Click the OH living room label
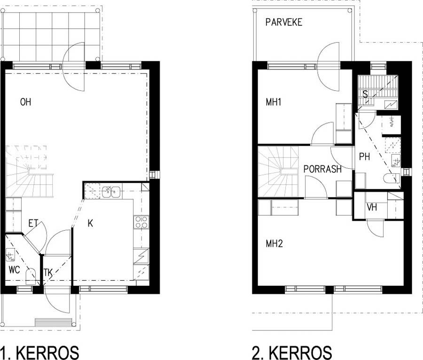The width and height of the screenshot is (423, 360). (26, 102)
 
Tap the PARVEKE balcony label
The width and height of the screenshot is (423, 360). (284, 22)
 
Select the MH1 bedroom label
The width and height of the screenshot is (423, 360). (274, 102)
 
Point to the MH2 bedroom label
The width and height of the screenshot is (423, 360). (274, 244)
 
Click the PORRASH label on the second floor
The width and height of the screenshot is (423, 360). (322, 169)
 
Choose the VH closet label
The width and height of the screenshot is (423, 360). (372, 207)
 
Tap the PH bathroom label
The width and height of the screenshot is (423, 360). (364, 157)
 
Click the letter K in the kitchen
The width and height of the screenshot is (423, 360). (90, 223)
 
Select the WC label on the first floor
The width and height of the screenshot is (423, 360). (14, 270)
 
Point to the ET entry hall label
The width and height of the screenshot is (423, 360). (33, 223)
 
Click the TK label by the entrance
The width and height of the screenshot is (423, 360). (48, 273)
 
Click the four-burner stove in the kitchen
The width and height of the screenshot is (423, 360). (141, 222)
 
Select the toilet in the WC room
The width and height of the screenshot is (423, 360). (30, 276)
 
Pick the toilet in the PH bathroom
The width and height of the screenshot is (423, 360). (392, 179)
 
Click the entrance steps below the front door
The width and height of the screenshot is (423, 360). (54, 322)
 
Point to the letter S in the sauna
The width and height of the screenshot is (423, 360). (365, 94)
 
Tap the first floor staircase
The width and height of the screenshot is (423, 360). (30, 171)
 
